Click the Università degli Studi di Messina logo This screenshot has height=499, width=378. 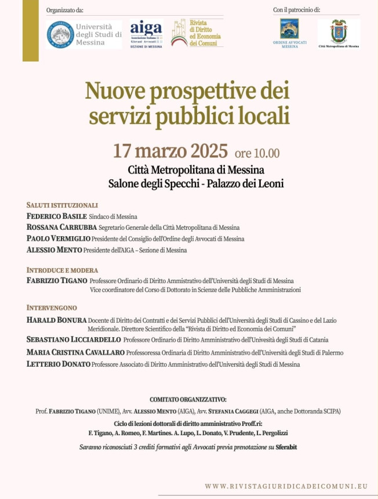coord(85,34)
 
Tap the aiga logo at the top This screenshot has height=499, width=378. coord(146,34)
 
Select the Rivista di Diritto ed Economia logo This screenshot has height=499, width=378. coord(197,33)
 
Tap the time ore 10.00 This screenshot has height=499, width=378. coord(257,154)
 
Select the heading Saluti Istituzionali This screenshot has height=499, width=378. coord(62,205)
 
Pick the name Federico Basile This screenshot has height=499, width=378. coord(56,216)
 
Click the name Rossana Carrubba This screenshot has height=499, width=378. coord(61,227)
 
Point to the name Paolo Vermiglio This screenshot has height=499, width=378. coord(59,238)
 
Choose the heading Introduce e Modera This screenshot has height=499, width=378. coord(62,270)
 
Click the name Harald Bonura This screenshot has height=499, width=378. coord(57,320)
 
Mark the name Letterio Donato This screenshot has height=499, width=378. coord(59,364)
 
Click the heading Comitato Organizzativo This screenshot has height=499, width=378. coord(188,400)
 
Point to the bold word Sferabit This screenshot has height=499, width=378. coord(286,447)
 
